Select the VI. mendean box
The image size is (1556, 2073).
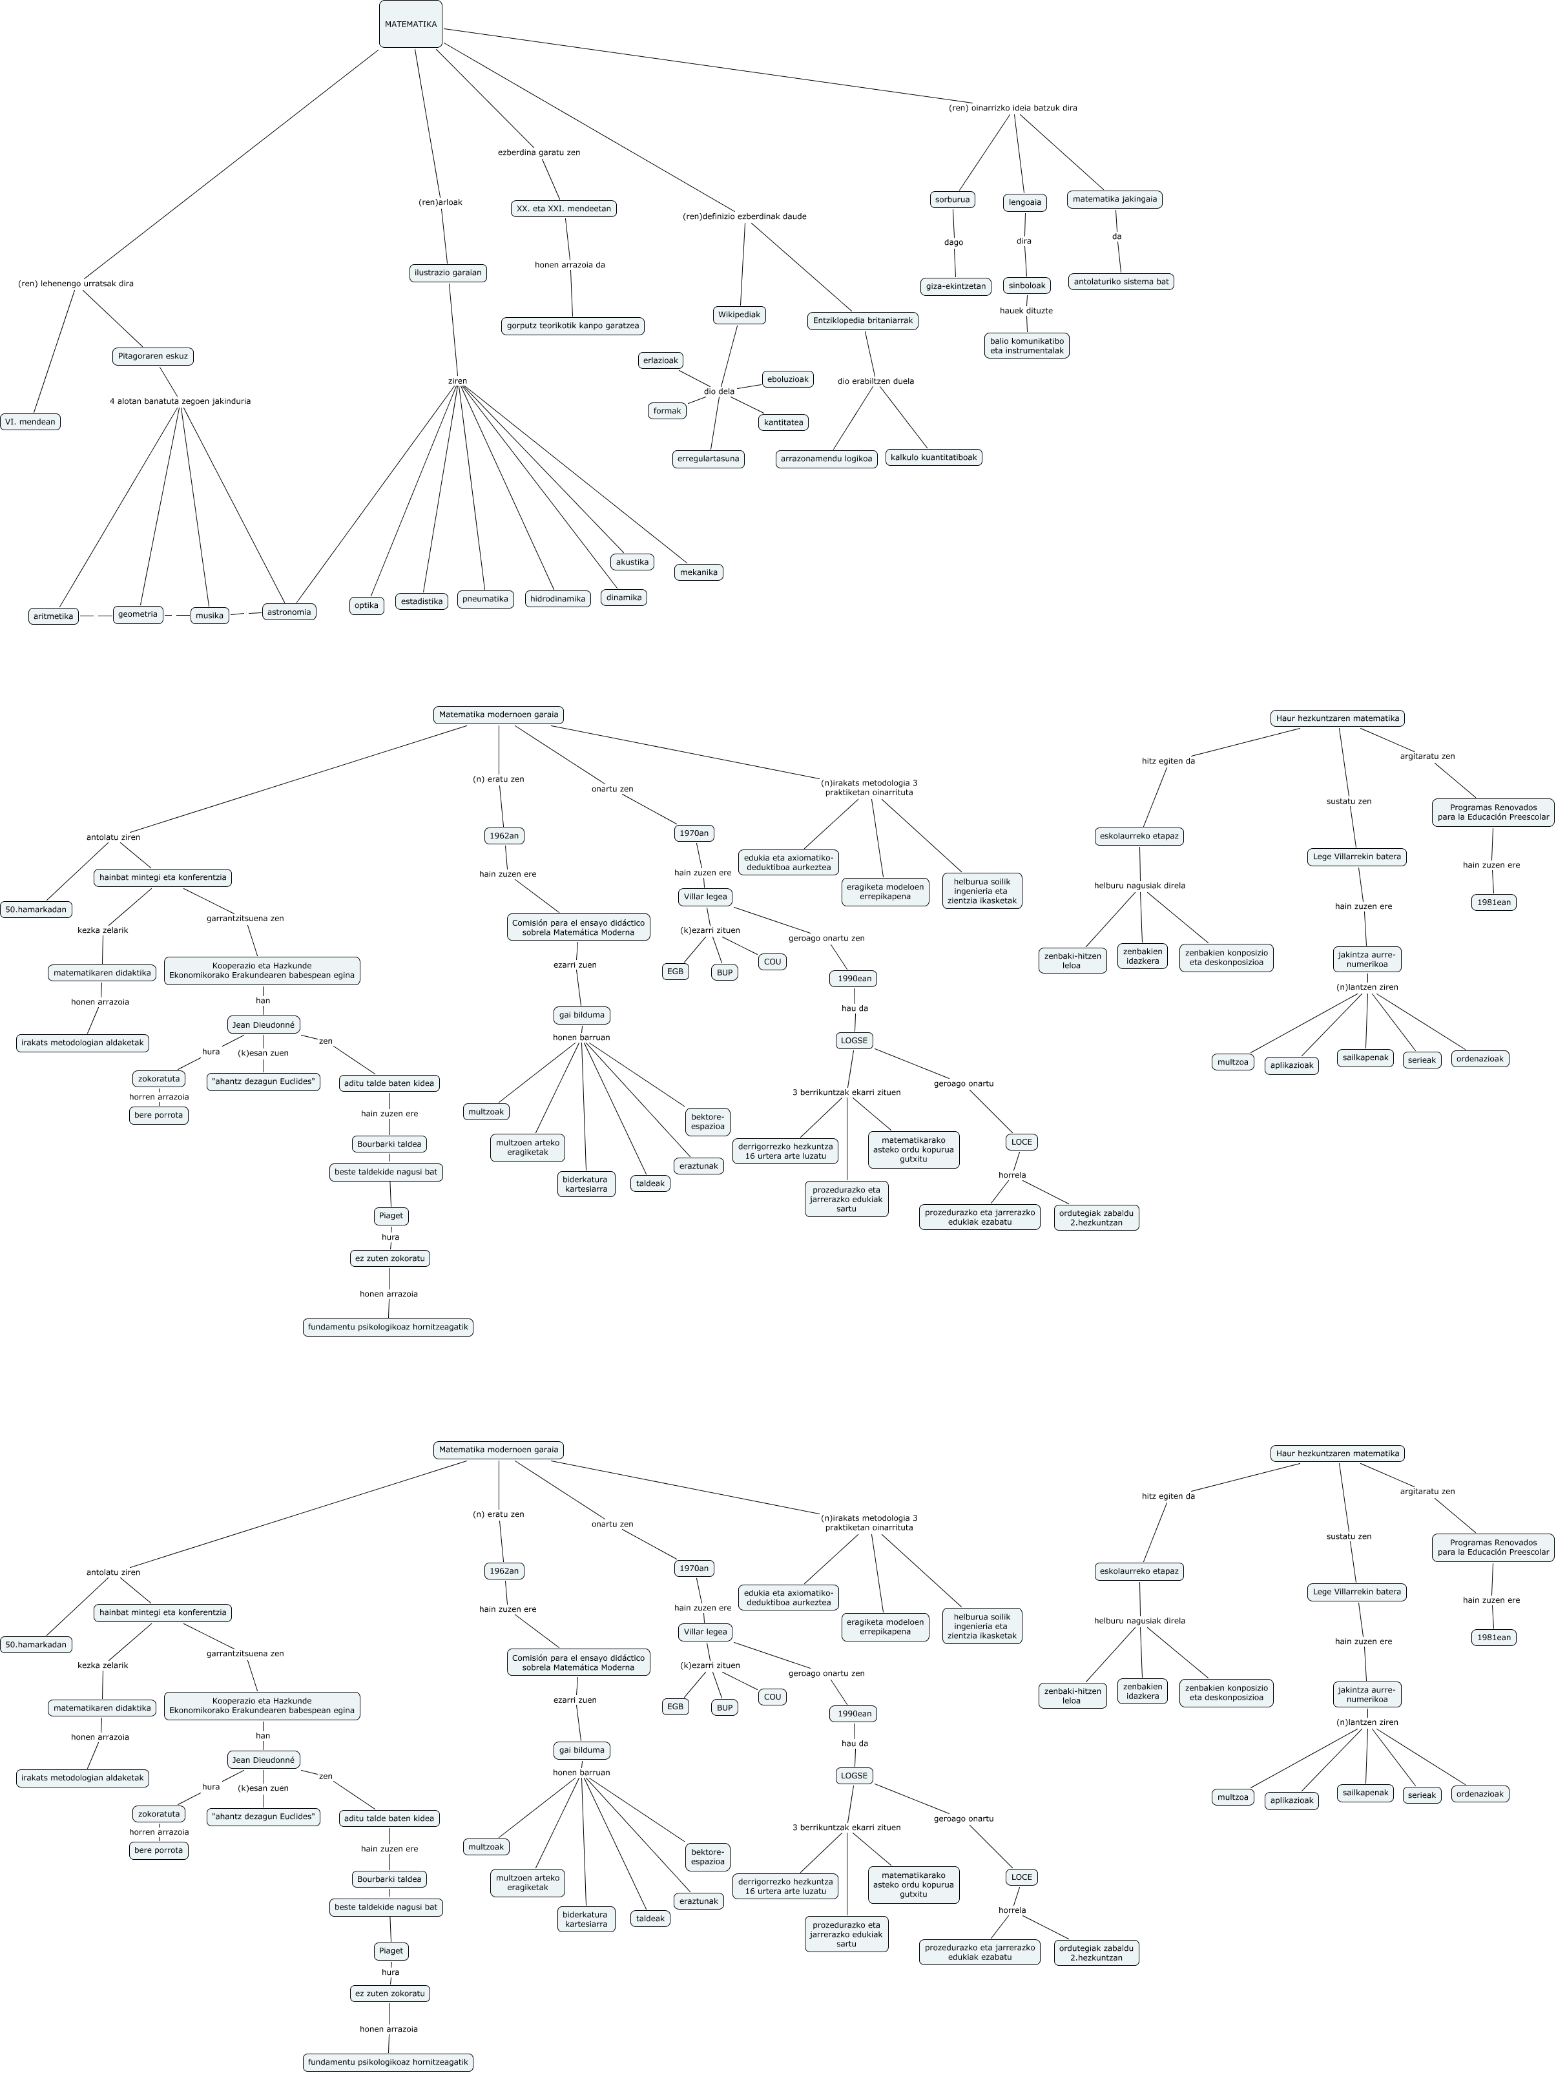tap(30, 422)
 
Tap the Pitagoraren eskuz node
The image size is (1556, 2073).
tap(152, 356)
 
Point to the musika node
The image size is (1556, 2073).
tap(210, 616)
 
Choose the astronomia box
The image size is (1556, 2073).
tap(289, 612)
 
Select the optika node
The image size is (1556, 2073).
tap(366, 605)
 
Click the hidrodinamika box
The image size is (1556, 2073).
tap(557, 599)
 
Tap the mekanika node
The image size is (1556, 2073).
tap(699, 572)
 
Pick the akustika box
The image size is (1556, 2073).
tap(632, 562)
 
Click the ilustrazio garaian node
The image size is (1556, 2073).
tap(448, 273)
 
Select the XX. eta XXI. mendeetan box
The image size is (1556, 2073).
tap(564, 208)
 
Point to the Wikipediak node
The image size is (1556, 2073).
tap(739, 315)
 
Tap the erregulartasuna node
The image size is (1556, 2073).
tap(708, 459)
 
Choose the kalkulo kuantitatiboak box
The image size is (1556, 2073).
tap(933, 457)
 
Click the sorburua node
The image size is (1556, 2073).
tap(953, 200)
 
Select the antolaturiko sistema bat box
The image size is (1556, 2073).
tap(1121, 281)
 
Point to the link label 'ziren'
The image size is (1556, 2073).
tap(457, 380)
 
